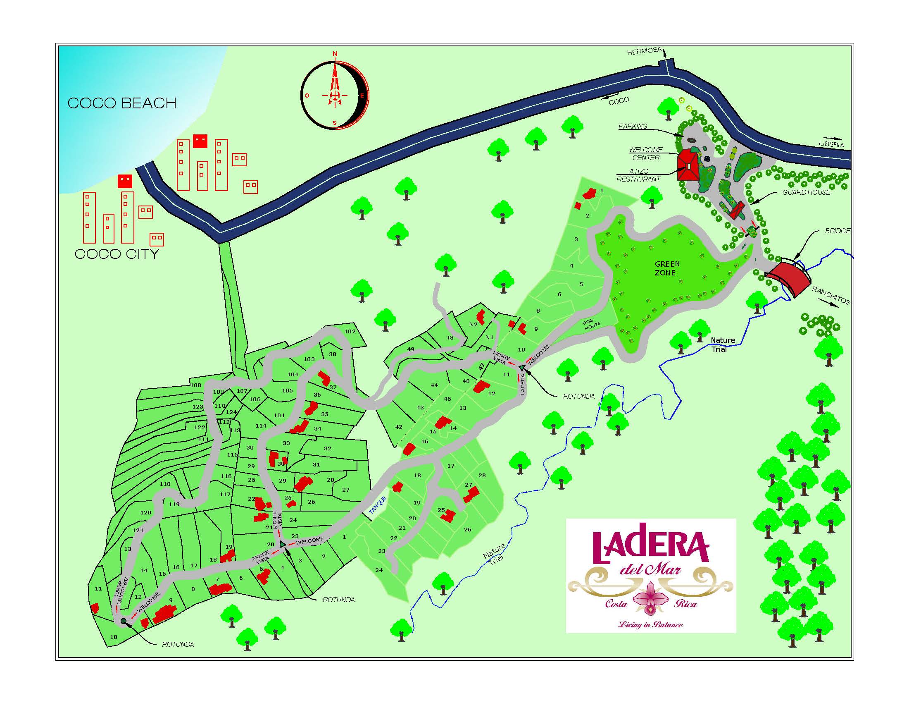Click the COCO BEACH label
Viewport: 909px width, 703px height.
[x=122, y=103]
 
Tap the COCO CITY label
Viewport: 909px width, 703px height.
[x=117, y=253]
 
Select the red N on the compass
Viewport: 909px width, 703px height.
[x=335, y=54]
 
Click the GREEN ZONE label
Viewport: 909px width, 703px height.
[x=667, y=268]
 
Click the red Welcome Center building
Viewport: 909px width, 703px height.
[x=688, y=166]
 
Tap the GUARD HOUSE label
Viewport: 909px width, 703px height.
[x=806, y=192]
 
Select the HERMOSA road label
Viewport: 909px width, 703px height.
[x=644, y=51]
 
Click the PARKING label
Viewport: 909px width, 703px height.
[x=633, y=126]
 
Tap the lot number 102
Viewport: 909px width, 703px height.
[x=350, y=332]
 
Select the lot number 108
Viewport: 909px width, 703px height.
[x=195, y=385]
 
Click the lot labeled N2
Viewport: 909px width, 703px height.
[x=473, y=325]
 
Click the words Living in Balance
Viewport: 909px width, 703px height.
[x=650, y=624]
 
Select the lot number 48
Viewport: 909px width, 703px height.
[x=450, y=337]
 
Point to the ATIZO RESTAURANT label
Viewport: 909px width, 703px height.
[x=638, y=175]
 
